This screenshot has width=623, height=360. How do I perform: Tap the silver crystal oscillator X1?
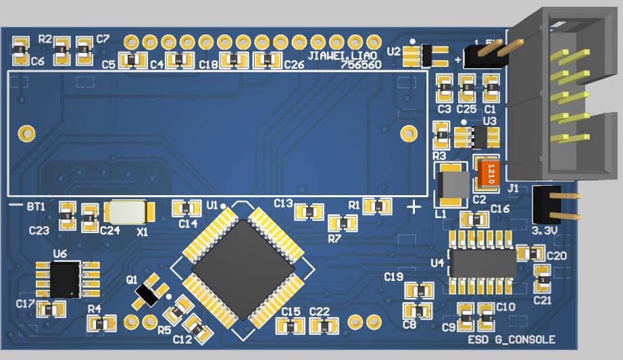tap(128, 212)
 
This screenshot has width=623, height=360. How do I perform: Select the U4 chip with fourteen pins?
tap(482, 263)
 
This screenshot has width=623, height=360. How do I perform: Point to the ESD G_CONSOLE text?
tap(512, 339)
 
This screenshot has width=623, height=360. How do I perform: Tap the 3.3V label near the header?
tap(545, 230)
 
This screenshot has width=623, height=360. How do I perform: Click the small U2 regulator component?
tap(426, 55)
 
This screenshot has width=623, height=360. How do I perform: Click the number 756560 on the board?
tap(361, 66)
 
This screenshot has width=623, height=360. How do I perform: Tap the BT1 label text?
tap(36, 206)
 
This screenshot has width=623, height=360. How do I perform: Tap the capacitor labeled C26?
tap(268, 61)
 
